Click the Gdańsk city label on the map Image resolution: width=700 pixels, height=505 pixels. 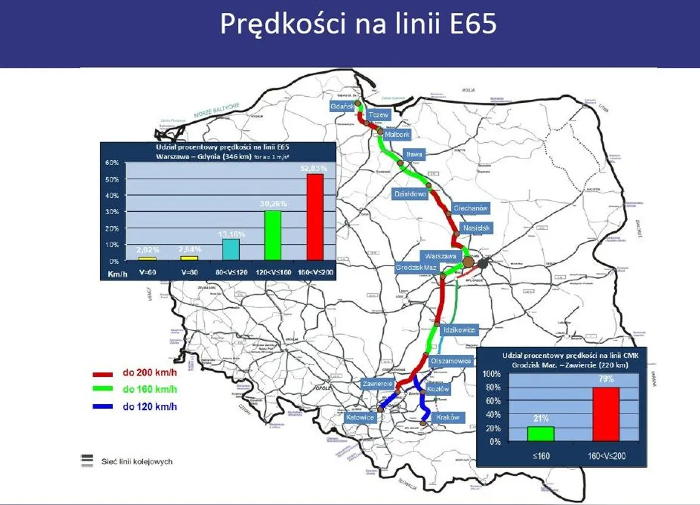tap(340, 107)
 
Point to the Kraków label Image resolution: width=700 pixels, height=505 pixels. tap(448, 418)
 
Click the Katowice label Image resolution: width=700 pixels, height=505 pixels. tap(360, 418)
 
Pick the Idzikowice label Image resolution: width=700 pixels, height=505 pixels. tap(459, 330)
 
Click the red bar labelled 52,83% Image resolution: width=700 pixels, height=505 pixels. tap(315, 216)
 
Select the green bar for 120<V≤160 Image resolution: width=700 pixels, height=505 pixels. tap(273, 235)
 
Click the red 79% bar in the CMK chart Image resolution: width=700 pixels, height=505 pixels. tap(606, 415)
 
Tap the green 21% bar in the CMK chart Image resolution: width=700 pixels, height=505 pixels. tap(541, 434)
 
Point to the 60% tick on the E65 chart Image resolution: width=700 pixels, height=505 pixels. tap(112, 163)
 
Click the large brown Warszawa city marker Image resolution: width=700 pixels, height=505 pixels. tap(470, 262)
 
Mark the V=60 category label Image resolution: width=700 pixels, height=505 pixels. tap(146, 272)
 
